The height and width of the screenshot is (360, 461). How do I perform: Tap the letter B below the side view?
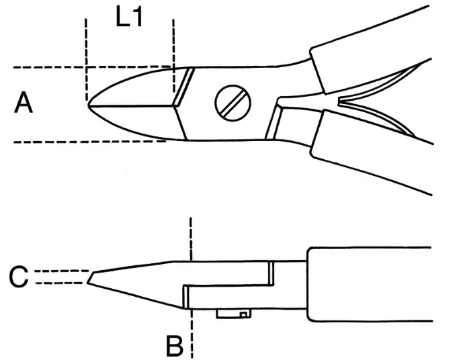(x=174, y=347)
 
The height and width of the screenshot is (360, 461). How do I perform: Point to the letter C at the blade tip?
(x=19, y=277)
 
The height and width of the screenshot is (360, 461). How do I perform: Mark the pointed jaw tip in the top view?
(x=89, y=105)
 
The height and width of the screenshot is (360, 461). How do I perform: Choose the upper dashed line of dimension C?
(x=60, y=271)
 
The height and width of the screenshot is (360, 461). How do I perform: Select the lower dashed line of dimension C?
(x=60, y=283)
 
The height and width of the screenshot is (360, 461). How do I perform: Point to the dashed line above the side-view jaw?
(x=192, y=235)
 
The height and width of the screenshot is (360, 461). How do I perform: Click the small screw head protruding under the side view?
(x=232, y=314)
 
